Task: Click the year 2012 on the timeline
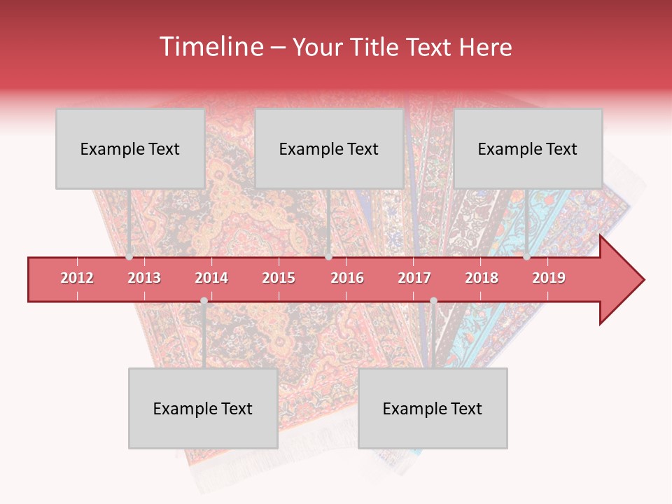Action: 77,278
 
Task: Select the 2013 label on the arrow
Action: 144,278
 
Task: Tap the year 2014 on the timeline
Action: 211,278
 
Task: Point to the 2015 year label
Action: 279,278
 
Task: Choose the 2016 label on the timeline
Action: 347,278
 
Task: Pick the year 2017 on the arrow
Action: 414,278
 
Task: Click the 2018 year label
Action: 482,278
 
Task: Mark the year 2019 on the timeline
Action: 549,278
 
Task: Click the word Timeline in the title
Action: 210,47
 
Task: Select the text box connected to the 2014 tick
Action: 203,408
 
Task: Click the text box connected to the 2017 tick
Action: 433,408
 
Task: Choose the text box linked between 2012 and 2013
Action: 130,148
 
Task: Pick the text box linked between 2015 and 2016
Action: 329,148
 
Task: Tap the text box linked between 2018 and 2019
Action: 528,148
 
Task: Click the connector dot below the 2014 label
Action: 204,301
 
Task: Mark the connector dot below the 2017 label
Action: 433,301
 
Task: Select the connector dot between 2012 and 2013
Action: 129,257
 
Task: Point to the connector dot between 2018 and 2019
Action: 527,257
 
